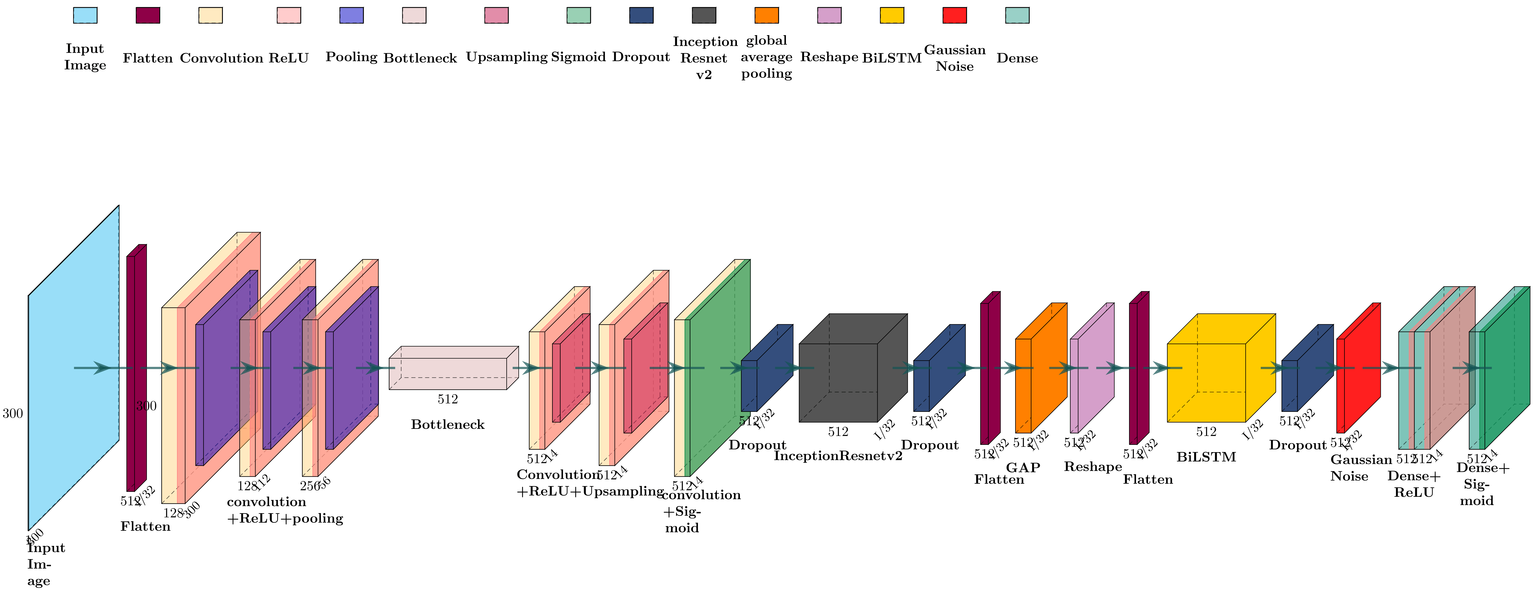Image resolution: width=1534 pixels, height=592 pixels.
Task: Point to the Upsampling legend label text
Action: (506, 57)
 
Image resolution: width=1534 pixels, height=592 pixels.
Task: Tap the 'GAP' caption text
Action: (1023, 468)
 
